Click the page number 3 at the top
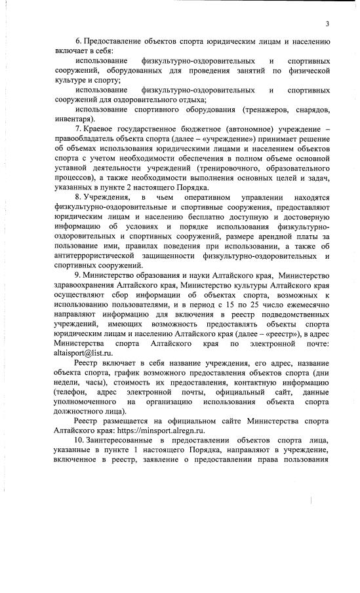click(326, 24)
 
